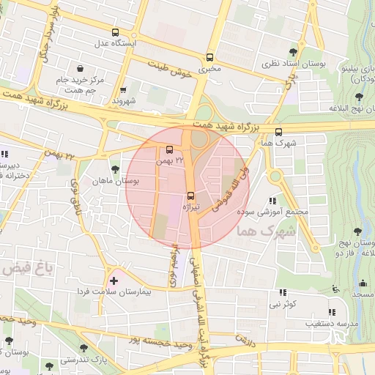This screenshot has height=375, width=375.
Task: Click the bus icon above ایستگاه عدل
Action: pos(114,32)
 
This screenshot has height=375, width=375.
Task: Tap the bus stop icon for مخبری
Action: pos(210,57)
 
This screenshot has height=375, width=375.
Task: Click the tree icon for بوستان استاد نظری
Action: pos(293,51)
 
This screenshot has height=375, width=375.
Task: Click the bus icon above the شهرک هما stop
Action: pos(278,132)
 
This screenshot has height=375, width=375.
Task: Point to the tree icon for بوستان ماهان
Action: pos(115,169)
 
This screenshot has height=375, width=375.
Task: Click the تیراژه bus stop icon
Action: pos(191,196)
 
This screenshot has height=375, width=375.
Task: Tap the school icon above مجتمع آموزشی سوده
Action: pos(272,201)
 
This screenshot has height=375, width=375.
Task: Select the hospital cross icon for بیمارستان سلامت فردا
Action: pos(113,280)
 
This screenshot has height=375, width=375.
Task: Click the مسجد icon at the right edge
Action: pos(362,283)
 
